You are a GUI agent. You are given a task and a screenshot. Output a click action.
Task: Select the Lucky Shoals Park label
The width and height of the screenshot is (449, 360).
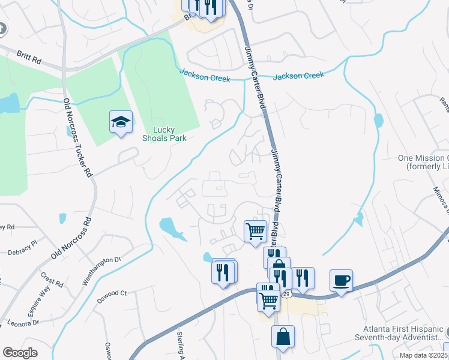click(x=164, y=134)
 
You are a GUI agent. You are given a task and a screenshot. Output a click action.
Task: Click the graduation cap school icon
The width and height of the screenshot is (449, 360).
click(x=121, y=122)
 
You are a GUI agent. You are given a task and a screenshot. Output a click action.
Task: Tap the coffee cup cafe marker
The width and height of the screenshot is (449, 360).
click(x=341, y=280)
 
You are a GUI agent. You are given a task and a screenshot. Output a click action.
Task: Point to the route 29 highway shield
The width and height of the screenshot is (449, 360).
click(x=287, y=293)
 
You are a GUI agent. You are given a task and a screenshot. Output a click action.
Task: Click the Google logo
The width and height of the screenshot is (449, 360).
click(x=20, y=353)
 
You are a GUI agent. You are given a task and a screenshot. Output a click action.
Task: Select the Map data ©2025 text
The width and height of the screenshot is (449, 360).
click(x=423, y=355)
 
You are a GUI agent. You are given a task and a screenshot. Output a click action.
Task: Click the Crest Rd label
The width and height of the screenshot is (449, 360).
click(x=52, y=280)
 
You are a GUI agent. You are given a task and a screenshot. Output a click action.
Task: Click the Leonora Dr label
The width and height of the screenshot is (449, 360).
click(x=23, y=323)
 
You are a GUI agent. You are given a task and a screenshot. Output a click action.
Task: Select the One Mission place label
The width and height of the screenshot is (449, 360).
click(x=423, y=161)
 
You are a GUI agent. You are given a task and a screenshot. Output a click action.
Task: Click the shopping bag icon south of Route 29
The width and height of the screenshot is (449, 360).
click(x=283, y=337)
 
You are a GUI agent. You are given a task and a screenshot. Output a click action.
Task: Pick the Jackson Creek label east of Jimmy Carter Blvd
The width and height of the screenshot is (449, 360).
click(x=298, y=76)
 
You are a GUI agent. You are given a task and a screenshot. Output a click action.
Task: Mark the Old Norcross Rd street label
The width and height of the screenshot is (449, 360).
click(x=70, y=238)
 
